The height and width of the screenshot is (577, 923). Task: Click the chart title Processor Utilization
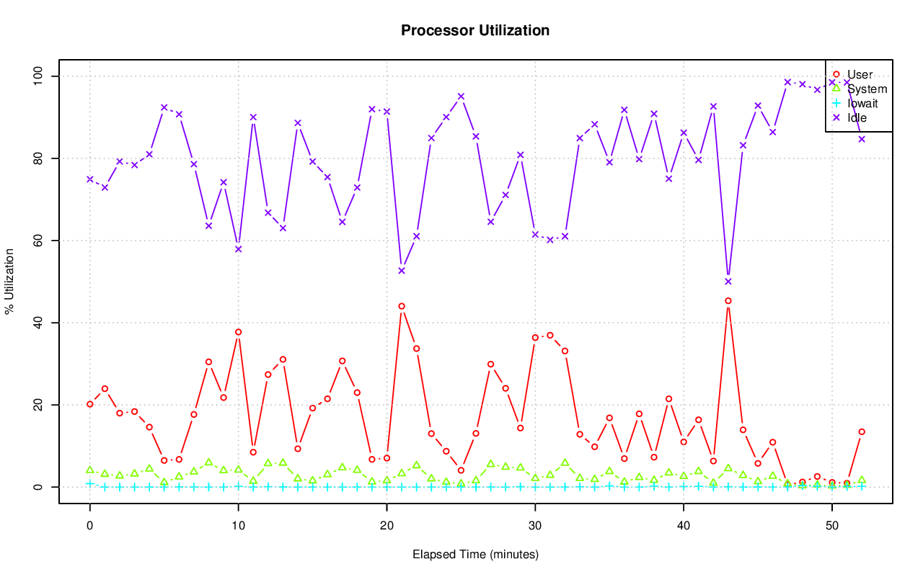[475, 30]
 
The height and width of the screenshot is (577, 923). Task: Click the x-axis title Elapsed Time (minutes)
[475, 555]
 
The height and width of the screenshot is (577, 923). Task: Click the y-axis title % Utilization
[9, 282]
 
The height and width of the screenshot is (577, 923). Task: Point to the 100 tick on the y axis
[41, 76]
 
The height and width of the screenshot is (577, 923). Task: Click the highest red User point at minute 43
[728, 300]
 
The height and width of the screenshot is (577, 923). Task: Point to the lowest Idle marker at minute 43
[728, 282]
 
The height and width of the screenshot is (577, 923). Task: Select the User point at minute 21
[402, 306]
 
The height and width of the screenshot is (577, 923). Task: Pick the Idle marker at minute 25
[461, 97]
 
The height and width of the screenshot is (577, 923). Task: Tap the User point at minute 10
[238, 332]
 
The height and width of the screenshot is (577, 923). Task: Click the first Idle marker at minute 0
[89, 179]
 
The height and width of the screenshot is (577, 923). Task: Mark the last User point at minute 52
[862, 432]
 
